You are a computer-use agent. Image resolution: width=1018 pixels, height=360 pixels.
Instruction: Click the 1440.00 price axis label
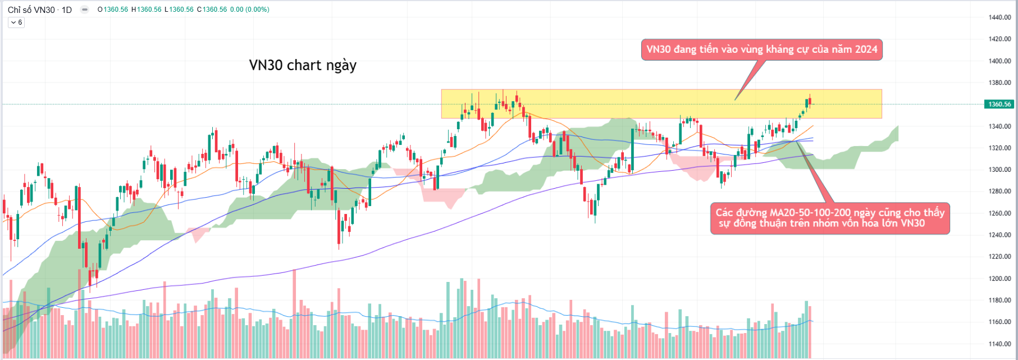[999, 17]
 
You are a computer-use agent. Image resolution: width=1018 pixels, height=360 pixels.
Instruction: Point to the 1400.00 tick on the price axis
[999, 61]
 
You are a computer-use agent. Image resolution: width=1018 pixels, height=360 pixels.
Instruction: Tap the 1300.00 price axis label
[999, 170]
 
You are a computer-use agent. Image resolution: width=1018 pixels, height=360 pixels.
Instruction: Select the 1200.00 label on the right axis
[999, 279]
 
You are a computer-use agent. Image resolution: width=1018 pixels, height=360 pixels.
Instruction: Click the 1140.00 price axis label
[999, 344]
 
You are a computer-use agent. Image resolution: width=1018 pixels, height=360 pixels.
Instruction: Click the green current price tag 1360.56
[999, 104]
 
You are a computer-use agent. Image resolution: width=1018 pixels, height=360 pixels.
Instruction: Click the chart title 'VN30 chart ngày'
[303, 65]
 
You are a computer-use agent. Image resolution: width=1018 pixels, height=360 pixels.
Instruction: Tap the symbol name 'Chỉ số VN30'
[31, 10]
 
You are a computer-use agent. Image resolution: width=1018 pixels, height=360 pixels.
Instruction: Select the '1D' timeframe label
[66, 10]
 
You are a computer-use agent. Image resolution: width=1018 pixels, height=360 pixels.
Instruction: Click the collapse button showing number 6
[16, 22]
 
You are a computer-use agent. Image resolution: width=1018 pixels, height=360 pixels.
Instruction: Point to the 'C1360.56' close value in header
[212, 10]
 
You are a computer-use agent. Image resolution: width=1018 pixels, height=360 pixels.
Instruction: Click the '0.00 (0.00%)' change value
[249, 10]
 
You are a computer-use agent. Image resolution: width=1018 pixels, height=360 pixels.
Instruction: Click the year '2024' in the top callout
[866, 49]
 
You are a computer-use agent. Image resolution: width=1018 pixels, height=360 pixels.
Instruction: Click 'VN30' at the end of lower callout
[912, 224]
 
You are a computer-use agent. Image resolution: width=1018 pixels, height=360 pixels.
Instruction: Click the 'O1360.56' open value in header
[113, 10]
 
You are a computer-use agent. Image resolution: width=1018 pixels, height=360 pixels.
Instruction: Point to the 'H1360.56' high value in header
[146, 10]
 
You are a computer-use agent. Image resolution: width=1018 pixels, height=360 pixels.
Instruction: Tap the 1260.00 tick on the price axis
[999, 213]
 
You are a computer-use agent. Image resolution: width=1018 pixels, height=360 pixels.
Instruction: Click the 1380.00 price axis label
[999, 83]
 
